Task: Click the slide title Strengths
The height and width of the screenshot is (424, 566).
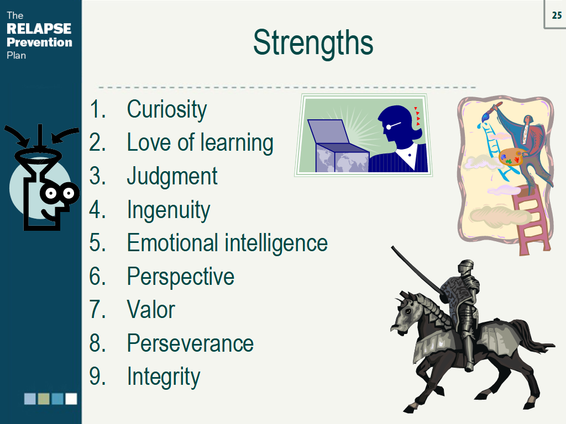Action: pos(313,42)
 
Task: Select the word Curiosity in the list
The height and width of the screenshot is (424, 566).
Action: pos(166,109)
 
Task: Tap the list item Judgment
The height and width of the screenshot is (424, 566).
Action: pos(172,176)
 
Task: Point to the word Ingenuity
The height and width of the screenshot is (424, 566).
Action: pos(169,210)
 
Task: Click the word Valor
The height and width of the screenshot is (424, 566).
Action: pos(150,310)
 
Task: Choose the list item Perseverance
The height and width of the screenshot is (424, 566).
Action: pos(190,343)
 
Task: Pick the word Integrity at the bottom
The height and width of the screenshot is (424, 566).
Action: pos(164,377)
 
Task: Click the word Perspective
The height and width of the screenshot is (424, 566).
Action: pos(181,277)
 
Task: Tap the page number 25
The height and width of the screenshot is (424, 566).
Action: pos(556,15)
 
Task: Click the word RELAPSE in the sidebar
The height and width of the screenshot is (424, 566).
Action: pos(39,29)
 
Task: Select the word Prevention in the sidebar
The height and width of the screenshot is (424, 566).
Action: pos(39,43)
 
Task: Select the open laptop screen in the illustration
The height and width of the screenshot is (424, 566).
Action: pos(329,133)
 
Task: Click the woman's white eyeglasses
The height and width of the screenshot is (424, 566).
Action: pos(391,126)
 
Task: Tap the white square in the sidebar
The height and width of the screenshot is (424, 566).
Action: pos(71,399)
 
